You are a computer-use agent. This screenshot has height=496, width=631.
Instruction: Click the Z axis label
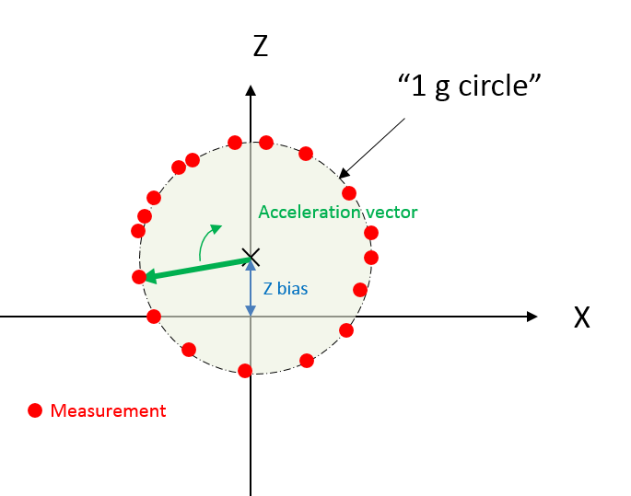(x=261, y=46)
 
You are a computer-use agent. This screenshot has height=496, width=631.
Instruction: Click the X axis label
(x=582, y=317)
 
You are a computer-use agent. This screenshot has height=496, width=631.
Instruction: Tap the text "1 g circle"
(x=470, y=86)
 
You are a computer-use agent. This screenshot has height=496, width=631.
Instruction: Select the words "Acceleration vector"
(x=338, y=212)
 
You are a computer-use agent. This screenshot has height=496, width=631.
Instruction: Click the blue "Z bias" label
(x=286, y=289)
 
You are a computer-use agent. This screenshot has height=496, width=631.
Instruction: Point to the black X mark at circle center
(x=251, y=258)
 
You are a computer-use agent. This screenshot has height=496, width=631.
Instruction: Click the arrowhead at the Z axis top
(x=251, y=90)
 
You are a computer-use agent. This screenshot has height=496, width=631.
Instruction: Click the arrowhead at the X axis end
(x=532, y=317)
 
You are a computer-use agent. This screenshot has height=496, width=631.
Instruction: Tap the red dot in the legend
(x=35, y=410)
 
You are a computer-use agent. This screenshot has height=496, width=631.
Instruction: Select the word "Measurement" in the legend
(x=109, y=410)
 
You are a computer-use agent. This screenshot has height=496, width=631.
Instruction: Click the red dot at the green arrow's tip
(x=139, y=277)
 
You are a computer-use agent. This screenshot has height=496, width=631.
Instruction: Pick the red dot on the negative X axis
(x=154, y=317)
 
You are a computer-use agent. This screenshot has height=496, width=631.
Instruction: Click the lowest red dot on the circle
(x=245, y=371)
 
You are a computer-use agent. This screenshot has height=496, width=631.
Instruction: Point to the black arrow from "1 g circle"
(x=372, y=148)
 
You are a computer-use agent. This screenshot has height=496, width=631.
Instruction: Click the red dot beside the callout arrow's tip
(x=349, y=193)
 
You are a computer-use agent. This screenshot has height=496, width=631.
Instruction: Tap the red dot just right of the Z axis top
(x=266, y=143)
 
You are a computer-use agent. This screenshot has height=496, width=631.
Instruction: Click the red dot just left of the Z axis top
(x=235, y=143)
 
